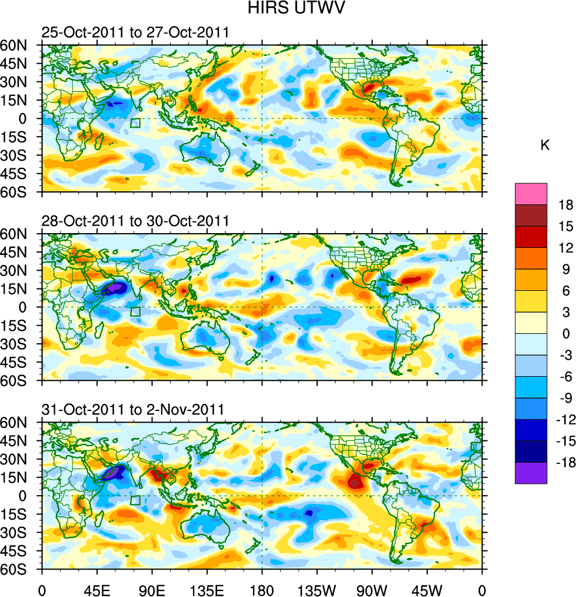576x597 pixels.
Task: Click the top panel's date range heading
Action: [x=135, y=33]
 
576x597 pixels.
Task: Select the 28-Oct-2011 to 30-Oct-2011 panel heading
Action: [x=135, y=221]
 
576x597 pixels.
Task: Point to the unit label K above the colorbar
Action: [x=545, y=145]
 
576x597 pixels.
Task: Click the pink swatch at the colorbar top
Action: [x=531, y=194]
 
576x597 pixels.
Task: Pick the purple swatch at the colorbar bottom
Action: [x=531, y=473]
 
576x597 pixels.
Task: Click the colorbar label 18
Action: [x=564, y=204]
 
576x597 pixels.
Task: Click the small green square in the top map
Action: [x=135, y=123]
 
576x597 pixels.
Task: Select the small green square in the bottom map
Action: [x=135, y=500]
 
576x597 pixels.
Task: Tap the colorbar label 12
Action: [x=564, y=248]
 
